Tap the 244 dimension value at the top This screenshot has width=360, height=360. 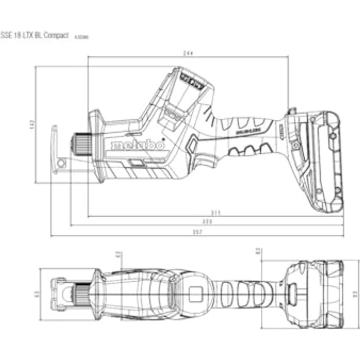point(187,53)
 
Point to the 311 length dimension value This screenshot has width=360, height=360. point(216,212)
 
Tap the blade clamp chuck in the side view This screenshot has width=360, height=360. point(79,144)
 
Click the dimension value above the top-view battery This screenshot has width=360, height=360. point(258,251)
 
